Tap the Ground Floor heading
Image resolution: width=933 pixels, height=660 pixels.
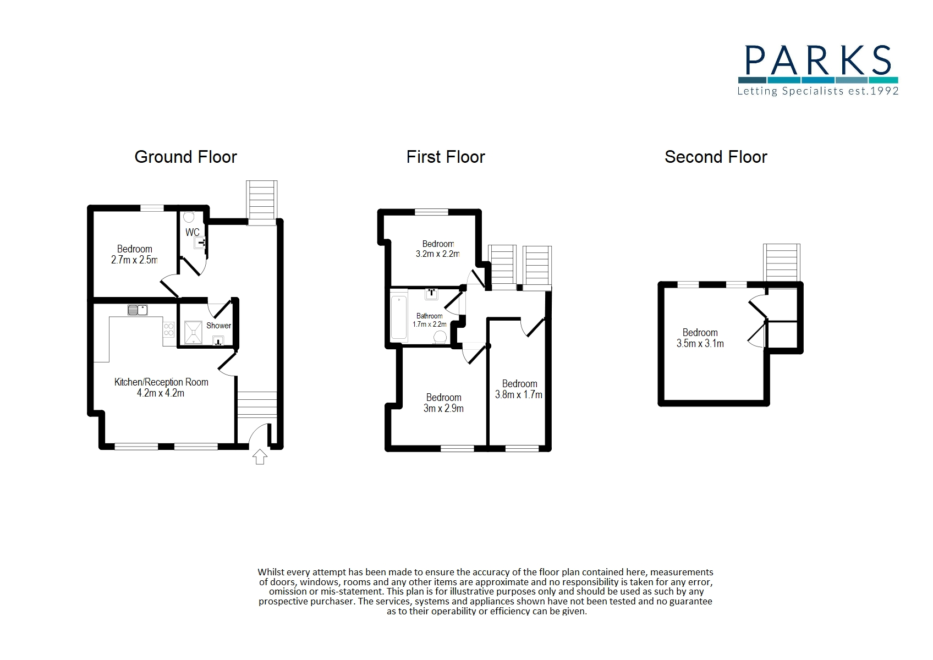tap(186, 157)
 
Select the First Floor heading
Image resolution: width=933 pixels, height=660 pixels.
tap(446, 157)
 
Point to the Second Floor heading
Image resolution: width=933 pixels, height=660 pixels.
tap(716, 157)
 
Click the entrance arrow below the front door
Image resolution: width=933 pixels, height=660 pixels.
tap(260, 457)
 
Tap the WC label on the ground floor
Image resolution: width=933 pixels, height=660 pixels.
tap(193, 232)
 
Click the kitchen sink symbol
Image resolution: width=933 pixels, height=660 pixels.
tap(138, 310)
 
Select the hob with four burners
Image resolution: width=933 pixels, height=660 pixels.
tap(169, 329)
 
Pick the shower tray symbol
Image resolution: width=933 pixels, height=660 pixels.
tap(193, 332)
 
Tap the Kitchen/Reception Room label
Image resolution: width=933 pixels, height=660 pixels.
tap(161, 382)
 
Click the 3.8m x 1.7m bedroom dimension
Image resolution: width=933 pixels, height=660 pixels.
tap(519, 395)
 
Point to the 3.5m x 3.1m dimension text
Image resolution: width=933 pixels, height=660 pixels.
tap(700, 344)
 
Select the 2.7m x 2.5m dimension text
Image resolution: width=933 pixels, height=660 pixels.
tap(134, 260)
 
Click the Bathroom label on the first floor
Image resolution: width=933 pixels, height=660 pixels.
tap(430, 316)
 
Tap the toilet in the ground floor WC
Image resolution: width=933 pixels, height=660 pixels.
tap(189, 217)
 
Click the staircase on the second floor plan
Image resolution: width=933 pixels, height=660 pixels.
tap(781, 263)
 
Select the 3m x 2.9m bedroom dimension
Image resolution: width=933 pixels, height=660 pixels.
tap(443, 409)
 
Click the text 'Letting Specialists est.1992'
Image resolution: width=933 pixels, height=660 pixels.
tap(818, 91)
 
